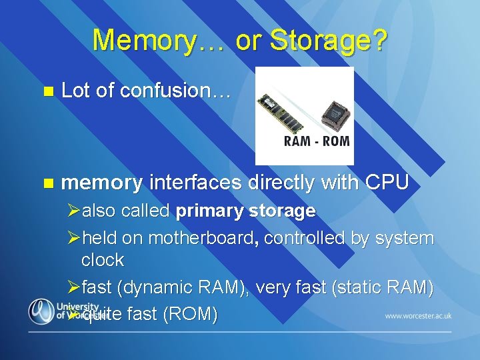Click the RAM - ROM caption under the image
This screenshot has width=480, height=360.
[317, 141]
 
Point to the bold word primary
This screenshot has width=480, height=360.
[209, 211]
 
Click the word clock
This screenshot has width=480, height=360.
[102, 259]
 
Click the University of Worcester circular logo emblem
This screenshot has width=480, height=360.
[41, 311]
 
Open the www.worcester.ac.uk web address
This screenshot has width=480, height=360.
[418, 315]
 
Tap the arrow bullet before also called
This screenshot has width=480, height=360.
[74, 212]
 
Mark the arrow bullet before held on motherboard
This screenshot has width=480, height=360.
[74, 239]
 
